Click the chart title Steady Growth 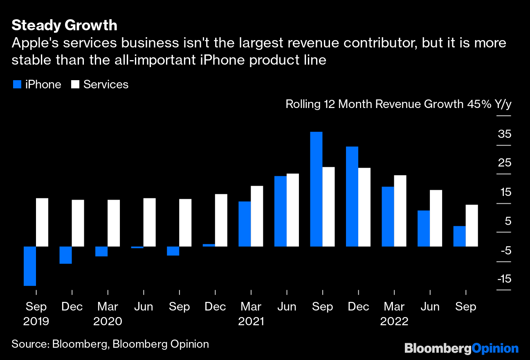point(64,25)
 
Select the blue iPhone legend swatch point(17,85)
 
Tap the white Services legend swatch point(75,85)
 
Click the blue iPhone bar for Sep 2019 point(30,266)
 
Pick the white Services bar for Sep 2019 point(42,222)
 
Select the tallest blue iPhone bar point(316,189)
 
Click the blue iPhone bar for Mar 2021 point(245,224)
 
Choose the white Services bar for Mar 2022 point(400,211)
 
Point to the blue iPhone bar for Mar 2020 point(101,251)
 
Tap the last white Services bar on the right point(472,225)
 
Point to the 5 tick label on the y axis point(508,221)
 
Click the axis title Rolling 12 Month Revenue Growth point(374,104)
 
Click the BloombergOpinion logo point(461,349)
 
